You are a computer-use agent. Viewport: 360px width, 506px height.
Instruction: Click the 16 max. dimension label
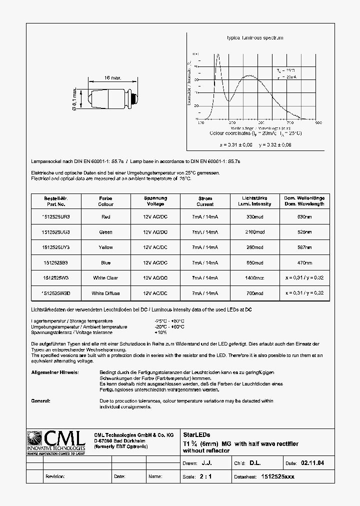pos(113,78)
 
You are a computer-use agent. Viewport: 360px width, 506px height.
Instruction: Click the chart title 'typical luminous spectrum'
pos(255,38)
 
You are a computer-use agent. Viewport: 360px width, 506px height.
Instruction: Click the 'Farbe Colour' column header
pos(105,201)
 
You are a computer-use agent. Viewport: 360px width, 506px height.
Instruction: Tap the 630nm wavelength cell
pos(304,217)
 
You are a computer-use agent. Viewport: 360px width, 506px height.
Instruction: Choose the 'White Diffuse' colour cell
pos(105,293)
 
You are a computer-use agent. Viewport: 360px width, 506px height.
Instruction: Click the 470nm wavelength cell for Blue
pos(304,262)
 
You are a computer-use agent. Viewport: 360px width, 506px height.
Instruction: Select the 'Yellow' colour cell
pos(105,247)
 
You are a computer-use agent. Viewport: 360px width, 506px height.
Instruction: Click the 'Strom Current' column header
pos(205,201)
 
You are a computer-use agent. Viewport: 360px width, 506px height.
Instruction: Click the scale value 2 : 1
pos(205,476)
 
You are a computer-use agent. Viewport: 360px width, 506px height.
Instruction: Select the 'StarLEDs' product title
pos(197,434)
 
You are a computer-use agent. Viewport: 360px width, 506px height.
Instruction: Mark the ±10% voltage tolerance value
pos(160,332)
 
